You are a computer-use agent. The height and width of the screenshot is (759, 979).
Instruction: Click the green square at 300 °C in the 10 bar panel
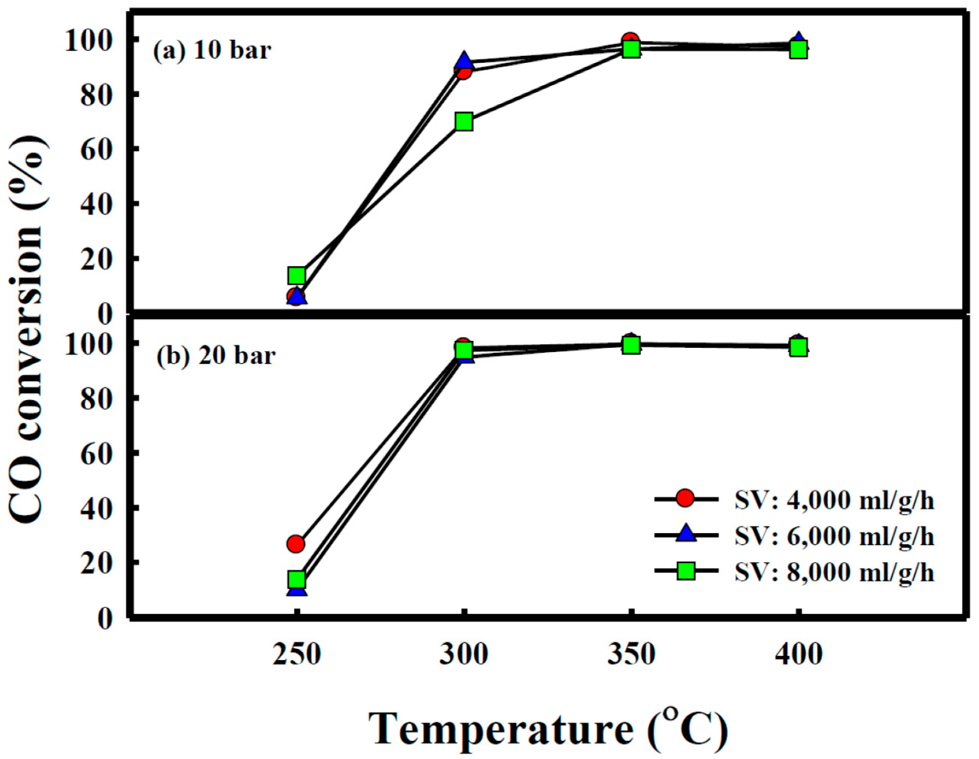coord(464,121)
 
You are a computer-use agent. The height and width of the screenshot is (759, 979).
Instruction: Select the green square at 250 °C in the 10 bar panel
coord(297,275)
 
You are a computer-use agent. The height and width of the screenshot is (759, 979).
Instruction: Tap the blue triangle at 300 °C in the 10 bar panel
coord(464,62)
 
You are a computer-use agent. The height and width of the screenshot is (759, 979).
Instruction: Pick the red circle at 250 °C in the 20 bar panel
coord(296,544)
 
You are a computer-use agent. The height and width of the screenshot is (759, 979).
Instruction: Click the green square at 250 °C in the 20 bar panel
coord(297,580)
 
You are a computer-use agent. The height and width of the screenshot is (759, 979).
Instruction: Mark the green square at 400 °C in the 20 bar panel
coord(799,347)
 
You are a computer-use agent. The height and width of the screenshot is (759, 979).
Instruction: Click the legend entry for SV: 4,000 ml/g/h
coord(833,500)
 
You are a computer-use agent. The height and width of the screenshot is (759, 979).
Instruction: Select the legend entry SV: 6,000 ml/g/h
coord(833,535)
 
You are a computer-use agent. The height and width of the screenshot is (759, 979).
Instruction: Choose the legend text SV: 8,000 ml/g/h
coord(833,571)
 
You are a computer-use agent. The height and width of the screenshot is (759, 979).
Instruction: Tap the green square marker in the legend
coord(686,570)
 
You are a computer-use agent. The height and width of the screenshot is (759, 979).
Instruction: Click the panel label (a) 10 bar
coord(212,50)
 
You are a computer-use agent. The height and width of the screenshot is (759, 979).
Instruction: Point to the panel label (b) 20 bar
coord(216,356)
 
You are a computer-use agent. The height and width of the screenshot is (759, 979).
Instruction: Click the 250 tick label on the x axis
coord(297,654)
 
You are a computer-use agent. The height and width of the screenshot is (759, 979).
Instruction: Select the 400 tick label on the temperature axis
coord(799,654)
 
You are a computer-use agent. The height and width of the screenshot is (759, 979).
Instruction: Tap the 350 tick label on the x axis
coord(631,654)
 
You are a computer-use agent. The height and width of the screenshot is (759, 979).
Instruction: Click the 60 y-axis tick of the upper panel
coord(96,149)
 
